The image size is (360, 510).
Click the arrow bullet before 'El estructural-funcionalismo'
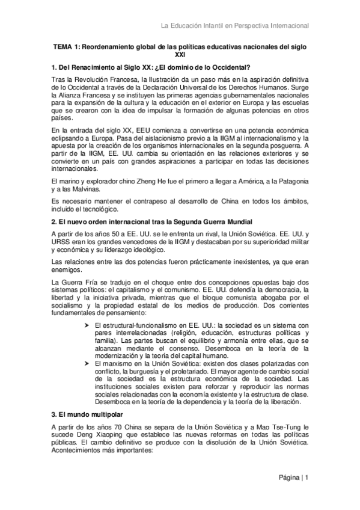pyautogui.click(x=87, y=324)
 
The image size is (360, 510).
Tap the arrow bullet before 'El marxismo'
pyautogui.click(x=87, y=363)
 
